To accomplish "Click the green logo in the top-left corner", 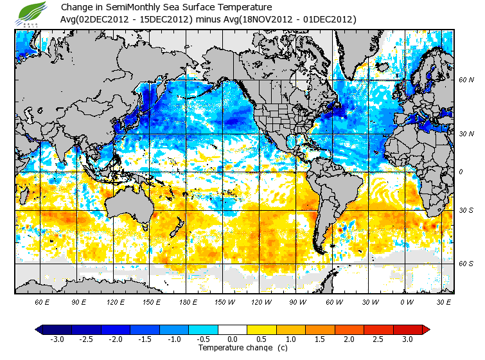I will [x=31, y=14].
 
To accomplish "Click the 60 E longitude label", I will [x=42, y=301].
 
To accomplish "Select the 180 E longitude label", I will [x=188, y=301].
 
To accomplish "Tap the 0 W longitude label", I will [x=407, y=301].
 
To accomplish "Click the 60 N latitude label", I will [x=466, y=80].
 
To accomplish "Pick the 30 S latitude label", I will [x=466, y=211].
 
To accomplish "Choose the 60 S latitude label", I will [x=466, y=264].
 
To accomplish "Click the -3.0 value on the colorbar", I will [x=57, y=339].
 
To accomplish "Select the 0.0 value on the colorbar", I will [x=233, y=339].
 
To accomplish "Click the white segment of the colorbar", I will [x=233, y=329].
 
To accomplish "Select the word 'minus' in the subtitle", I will [x=208, y=19].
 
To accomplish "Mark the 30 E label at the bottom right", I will [x=444, y=301].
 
